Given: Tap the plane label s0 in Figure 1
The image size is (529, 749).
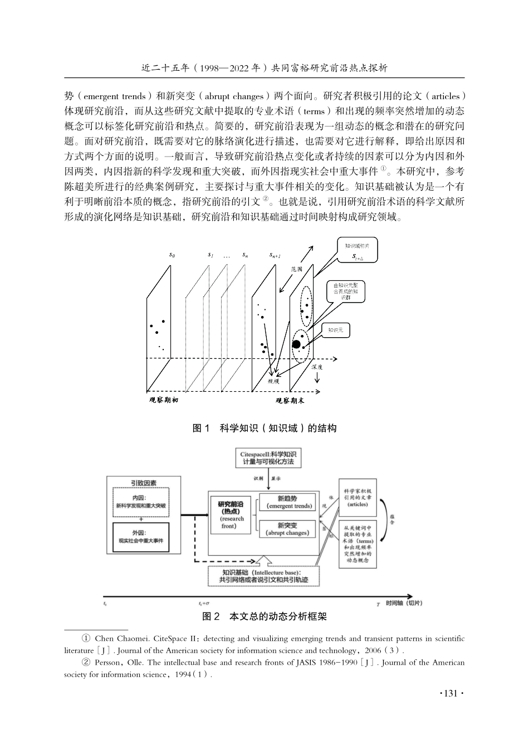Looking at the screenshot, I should (x=172, y=255).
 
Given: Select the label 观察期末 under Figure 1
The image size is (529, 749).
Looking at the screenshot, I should (x=290, y=400).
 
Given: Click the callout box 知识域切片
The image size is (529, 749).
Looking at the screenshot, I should (x=357, y=250).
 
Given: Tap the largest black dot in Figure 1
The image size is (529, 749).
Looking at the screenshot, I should (x=296, y=344).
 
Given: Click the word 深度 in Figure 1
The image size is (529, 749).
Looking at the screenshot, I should (x=317, y=367).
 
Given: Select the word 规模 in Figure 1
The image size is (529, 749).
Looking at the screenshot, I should (x=274, y=381).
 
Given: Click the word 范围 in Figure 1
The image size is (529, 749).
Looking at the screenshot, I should (x=297, y=269).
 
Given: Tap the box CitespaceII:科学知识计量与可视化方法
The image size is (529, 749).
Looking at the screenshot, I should (x=268, y=459).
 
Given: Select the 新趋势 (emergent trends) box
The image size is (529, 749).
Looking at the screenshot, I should (x=287, y=503).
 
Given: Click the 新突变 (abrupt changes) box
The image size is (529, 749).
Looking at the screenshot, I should (x=287, y=529).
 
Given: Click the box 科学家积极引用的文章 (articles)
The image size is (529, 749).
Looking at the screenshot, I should (x=357, y=497).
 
